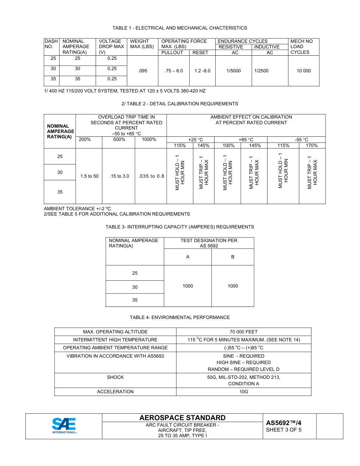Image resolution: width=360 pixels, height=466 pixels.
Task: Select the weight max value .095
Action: pyautogui.click(x=142, y=71)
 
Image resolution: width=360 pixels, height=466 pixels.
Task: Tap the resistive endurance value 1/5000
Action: pyautogui.click(x=234, y=71)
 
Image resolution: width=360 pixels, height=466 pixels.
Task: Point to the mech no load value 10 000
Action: pyautogui.click(x=304, y=71)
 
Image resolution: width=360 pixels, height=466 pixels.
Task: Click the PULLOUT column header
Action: pyautogui.click(x=172, y=53)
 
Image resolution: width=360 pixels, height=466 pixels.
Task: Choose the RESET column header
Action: pyautogui.click(x=200, y=53)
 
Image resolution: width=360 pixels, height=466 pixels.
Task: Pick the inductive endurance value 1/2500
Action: pyautogui.click(x=261, y=71)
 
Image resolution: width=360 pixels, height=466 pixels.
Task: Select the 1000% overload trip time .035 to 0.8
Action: pyautogui.click(x=151, y=176)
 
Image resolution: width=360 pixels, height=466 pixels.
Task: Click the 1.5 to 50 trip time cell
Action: pyautogui.click(x=89, y=176)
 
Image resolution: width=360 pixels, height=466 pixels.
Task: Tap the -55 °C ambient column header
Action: pyautogui.click(x=302, y=140)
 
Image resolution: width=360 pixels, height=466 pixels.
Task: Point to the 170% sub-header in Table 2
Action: pyautogui.click(x=312, y=145)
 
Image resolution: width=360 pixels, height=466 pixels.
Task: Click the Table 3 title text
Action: pyautogui.click(x=180, y=227)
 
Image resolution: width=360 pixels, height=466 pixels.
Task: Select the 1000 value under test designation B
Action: pyautogui.click(x=233, y=286)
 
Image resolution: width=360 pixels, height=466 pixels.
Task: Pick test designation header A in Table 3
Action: pyautogui.click(x=188, y=257)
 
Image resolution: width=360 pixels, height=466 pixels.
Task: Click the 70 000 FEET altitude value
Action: pyautogui.click(x=243, y=332)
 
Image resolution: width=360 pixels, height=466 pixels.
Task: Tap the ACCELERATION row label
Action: pyautogui.click(x=115, y=392)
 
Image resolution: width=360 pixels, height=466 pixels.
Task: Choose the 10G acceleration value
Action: pyautogui.click(x=243, y=392)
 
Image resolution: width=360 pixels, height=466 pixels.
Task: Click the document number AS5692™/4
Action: pyautogui.click(x=284, y=423)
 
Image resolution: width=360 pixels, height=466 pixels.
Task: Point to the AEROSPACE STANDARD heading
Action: pyautogui.click(x=182, y=418)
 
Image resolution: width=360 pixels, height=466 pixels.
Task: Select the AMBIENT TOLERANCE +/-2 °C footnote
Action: pyautogui.click(x=77, y=209)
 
